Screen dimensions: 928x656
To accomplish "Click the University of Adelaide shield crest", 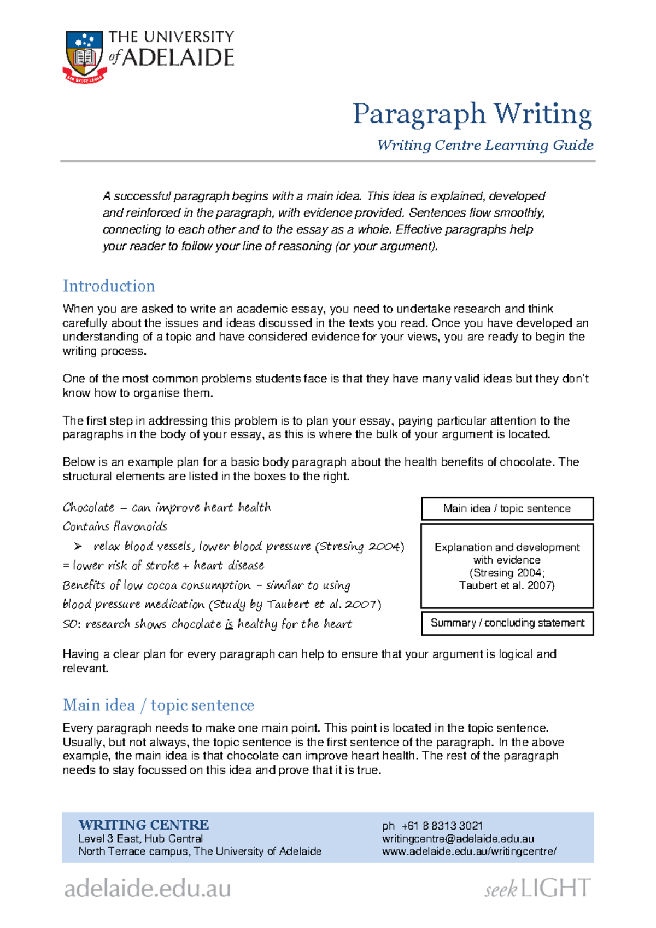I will [x=84, y=55].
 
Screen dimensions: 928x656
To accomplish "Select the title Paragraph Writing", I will [x=472, y=114].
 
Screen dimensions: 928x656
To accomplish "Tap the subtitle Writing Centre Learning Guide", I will [x=485, y=145].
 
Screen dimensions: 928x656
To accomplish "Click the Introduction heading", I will [x=109, y=286].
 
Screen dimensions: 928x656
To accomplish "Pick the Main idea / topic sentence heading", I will [x=159, y=705].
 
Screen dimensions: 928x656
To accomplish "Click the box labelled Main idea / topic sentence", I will [x=507, y=508].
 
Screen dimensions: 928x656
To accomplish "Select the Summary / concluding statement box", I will [x=507, y=623].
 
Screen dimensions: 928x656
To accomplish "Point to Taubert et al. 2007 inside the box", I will [x=506, y=585].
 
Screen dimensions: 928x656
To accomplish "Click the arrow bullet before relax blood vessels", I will [x=78, y=546].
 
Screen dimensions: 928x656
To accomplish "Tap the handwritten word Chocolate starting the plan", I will [x=89, y=507].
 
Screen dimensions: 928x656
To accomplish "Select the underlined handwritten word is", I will [x=229, y=624].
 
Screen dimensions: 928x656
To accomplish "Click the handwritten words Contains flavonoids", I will [x=115, y=526].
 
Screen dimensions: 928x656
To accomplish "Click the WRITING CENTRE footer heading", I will [x=143, y=825].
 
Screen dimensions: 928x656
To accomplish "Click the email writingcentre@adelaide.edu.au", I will [x=458, y=838].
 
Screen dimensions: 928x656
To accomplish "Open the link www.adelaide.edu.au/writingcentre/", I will [x=469, y=851].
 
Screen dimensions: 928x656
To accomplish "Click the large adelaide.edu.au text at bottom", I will [x=148, y=888].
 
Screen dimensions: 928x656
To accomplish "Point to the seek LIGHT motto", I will [x=537, y=888].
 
